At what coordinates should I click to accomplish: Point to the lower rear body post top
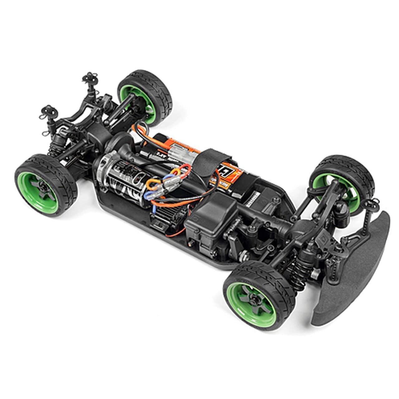47,112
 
